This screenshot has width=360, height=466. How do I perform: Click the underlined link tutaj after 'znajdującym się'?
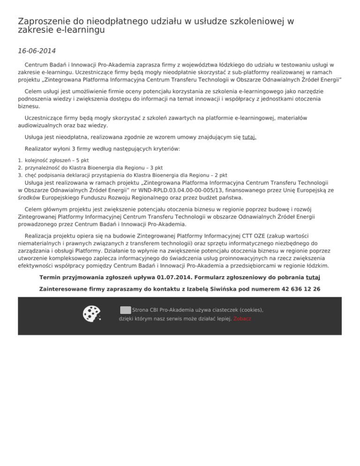click(249, 137)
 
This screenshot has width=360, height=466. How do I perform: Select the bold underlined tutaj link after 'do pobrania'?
click(313, 277)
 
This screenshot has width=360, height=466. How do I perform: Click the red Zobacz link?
click(242, 319)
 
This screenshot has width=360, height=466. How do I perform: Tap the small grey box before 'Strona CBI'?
click(125, 310)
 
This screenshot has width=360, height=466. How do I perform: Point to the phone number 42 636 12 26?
click(302, 289)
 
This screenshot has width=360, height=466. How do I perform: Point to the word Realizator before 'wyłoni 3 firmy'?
click(40, 149)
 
